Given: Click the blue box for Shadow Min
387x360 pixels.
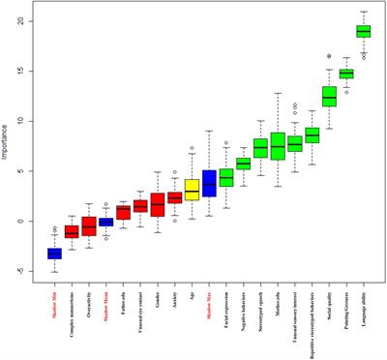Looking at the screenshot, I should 54,254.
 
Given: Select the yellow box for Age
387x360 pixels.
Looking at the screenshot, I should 192,189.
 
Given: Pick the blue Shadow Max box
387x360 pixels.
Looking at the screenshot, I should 209,183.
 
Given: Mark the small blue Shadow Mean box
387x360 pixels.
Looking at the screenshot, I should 105,222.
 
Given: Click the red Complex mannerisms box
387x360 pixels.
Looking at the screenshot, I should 72,232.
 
